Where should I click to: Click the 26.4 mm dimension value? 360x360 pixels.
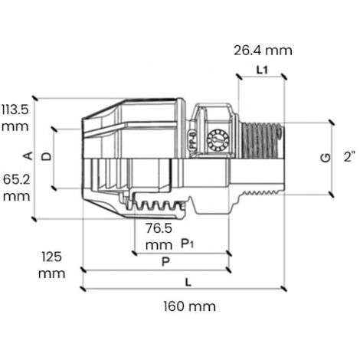(263, 51)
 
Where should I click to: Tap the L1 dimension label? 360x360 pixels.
(262, 70)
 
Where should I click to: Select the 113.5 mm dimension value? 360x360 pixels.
(15, 118)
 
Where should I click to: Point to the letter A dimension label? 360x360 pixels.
(29, 155)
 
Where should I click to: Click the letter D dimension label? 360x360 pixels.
(47, 156)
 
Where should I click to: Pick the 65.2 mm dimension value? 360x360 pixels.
(17, 188)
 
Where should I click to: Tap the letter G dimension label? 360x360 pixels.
(326, 158)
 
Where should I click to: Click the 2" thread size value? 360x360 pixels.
(349, 156)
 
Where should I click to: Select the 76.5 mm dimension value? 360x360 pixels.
(159, 237)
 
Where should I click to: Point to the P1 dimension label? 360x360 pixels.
(187, 244)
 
